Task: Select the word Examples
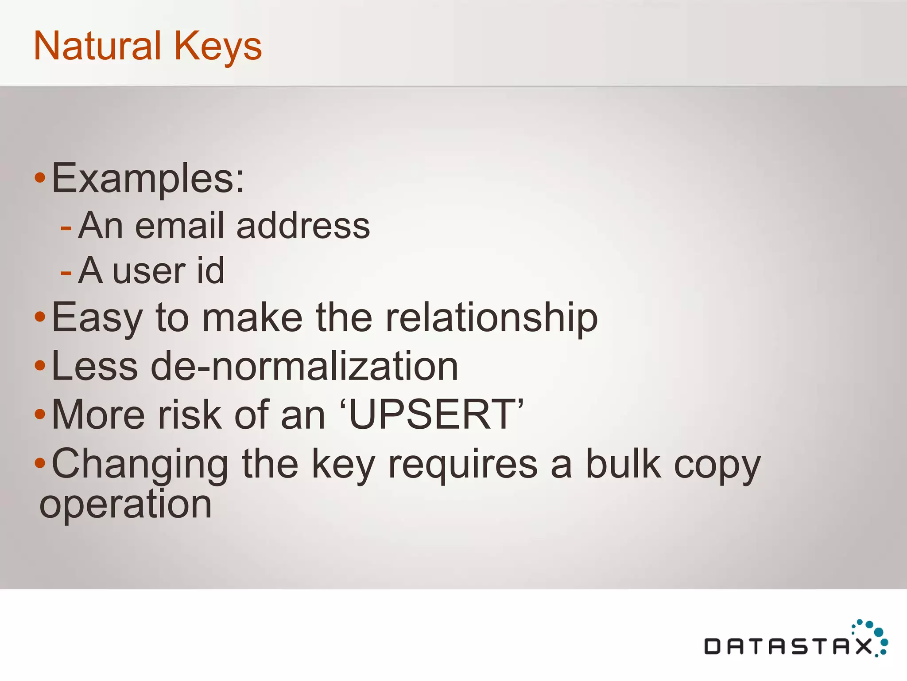pos(148,178)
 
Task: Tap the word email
pos(179,226)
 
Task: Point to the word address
pos(303,226)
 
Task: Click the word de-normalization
pos(304,366)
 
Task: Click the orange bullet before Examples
pos(40,178)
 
